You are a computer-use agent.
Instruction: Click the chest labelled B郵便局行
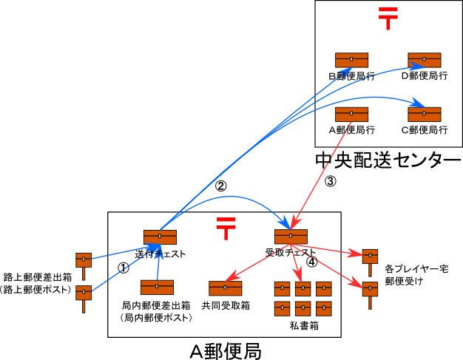coord(351,60)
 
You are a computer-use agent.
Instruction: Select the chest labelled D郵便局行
coord(425,60)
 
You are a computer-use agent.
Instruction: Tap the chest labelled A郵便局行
coord(351,114)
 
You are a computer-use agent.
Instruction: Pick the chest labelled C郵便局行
coord(425,114)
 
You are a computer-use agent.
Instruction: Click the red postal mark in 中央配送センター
coord(388,18)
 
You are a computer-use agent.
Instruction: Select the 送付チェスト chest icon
coord(160,237)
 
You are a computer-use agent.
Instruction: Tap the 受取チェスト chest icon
coord(291,237)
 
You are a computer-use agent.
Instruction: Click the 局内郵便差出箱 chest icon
coord(157,287)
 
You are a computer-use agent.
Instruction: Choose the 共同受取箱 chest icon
coord(226,288)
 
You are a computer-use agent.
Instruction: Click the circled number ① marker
coord(124,267)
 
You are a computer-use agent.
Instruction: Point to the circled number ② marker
coord(220,186)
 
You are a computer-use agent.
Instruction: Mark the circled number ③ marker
coord(331,181)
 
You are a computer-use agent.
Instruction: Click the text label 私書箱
coord(303,325)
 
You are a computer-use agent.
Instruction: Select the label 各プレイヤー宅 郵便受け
coord(416,275)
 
